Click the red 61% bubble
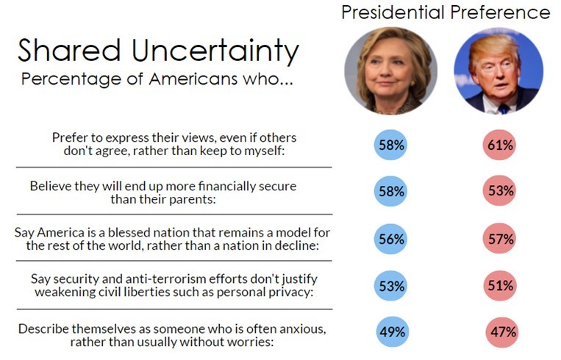[x=500, y=145]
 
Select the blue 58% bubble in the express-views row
[x=390, y=145]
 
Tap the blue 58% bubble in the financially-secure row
[x=390, y=191]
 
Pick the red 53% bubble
[x=500, y=191]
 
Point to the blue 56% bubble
[x=390, y=239]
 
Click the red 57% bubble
[x=500, y=239]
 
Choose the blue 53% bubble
[x=390, y=286]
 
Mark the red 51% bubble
[x=500, y=286]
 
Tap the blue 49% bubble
[x=393, y=331]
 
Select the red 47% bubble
[x=502, y=332]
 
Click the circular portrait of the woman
[x=390, y=71]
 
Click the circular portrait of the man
[x=499, y=71]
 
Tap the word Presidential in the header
[x=393, y=12]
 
